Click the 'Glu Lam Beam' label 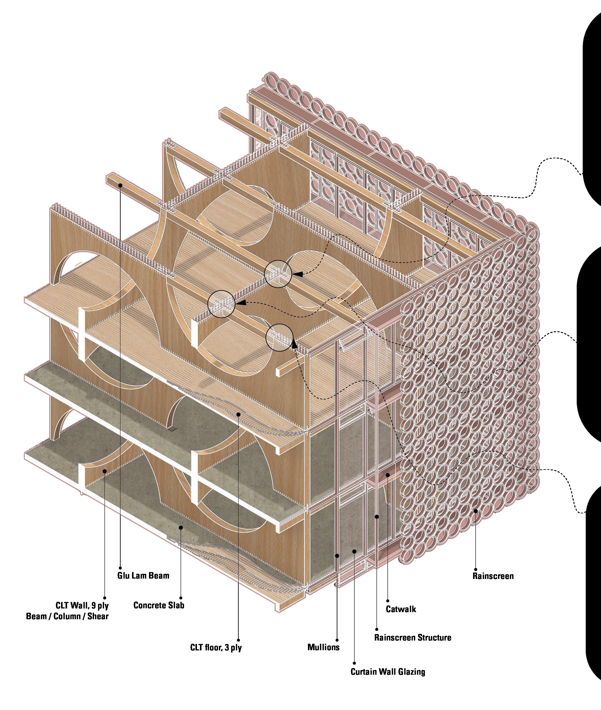point(143,576)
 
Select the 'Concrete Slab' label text point(159,605)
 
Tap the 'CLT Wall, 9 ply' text point(82,605)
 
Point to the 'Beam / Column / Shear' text point(68,616)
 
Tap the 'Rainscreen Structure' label point(413,637)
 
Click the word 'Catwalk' point(401,609)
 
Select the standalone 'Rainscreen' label point(493,576)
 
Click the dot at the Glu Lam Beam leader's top point(120,185)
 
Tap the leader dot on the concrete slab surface point(181,527)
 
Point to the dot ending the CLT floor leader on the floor point(238,414)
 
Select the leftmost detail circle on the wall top point(221,304)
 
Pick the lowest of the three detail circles point(279,337)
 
